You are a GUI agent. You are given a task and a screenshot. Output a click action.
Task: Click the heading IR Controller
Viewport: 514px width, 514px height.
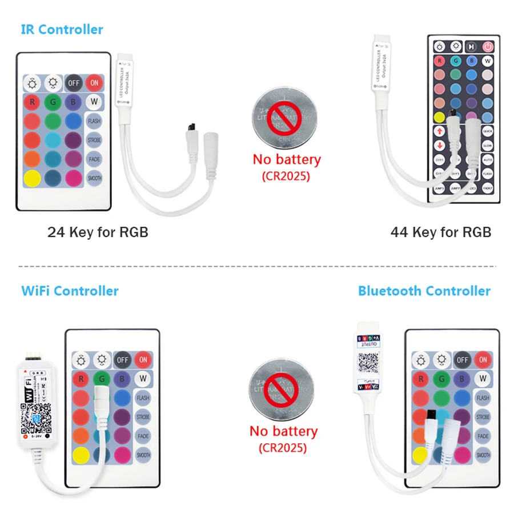(x=62, y=29)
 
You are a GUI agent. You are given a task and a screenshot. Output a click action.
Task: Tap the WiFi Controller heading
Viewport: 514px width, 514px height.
(x=70, y=291)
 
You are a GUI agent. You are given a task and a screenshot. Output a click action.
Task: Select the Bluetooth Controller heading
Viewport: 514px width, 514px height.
(x=424, y=291)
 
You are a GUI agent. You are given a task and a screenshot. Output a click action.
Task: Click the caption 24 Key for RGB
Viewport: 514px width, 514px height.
(x=98, y=232)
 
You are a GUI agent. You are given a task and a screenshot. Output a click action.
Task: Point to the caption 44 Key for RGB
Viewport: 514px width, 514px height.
(x=440, y=232)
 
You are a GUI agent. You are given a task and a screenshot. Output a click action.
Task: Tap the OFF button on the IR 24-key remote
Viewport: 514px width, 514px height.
(x=74, y=83)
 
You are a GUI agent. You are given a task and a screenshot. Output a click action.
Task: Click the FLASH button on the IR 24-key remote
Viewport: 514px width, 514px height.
(x=94, y=121)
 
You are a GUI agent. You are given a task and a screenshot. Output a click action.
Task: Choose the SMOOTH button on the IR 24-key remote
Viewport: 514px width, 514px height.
(x=94, y=178)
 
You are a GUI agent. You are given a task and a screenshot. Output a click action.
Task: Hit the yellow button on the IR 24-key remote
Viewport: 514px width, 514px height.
(x=33, y=178)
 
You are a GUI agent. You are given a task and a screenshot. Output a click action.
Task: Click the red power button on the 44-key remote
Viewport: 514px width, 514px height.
(x=488, y=47)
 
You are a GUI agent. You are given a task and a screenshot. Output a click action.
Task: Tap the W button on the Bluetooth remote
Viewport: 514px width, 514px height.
(x=483, y=378)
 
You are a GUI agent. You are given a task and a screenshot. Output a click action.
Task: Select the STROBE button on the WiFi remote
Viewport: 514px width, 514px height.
(x=143, y=417)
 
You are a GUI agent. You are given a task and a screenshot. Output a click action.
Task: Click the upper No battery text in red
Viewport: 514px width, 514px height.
(x=287, y=159)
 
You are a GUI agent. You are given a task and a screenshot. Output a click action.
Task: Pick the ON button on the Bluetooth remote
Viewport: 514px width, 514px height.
(x=483, y=359)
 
